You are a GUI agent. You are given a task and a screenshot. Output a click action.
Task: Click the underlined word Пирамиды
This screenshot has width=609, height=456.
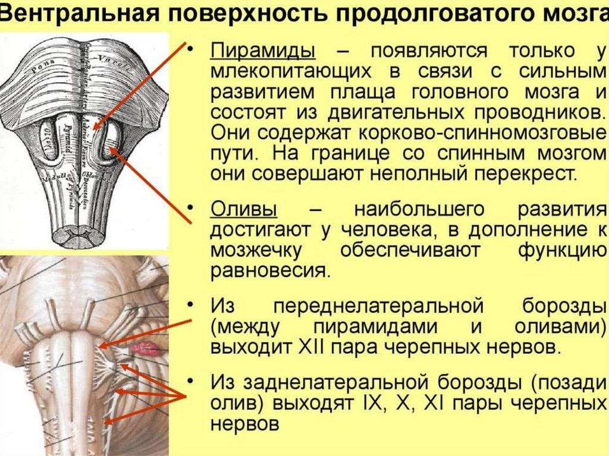coord(262,52)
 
